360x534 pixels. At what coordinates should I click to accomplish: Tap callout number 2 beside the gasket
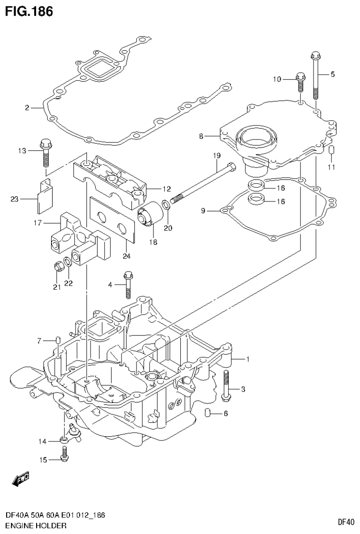[x=28, y=108]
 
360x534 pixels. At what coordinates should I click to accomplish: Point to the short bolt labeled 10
[x=301, y=83]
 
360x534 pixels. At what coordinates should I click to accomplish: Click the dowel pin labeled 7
[x=57, y=340]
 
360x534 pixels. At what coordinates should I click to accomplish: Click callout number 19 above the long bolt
[x=216, y=155]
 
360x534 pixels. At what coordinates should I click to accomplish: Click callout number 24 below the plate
[x=126, y=256]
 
